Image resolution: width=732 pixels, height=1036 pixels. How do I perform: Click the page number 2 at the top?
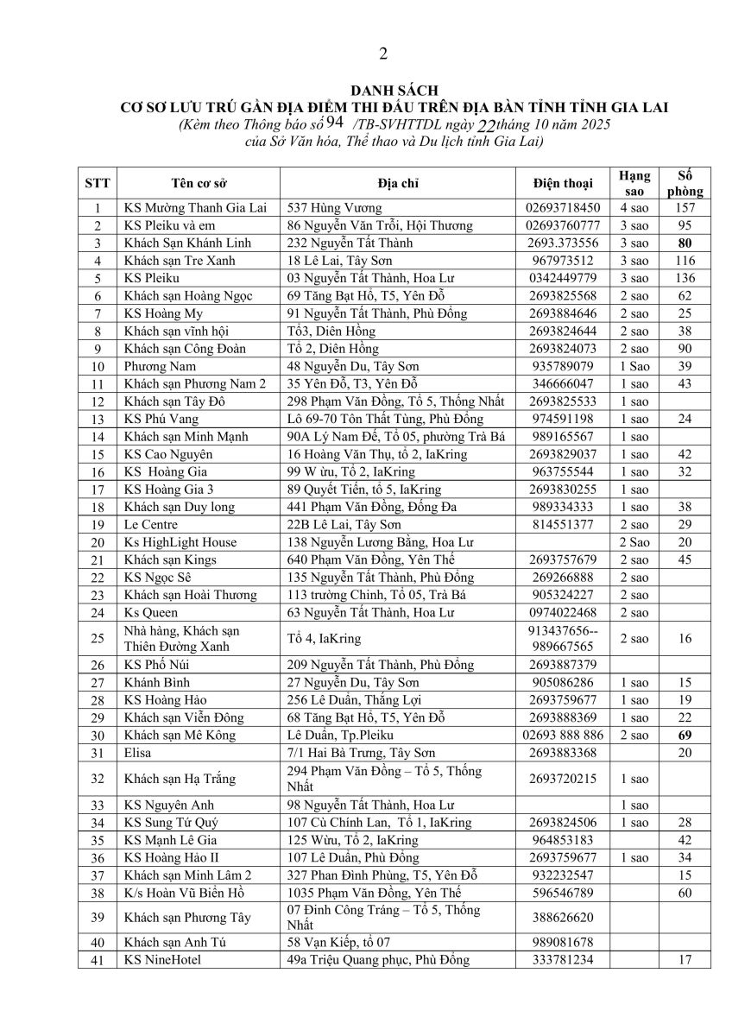pyautogui.click(x=383, y=54)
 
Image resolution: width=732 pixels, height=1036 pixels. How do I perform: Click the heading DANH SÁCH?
pyautogui.click(x=382, y=90)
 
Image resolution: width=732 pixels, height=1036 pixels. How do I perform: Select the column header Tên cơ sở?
pyautogui.click(x=199, y=183)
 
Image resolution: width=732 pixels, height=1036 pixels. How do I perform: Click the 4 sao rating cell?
pyautogui.click(x=634, y=208)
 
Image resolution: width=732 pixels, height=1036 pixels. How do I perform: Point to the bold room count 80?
pyautogui.click(x=686, y=243)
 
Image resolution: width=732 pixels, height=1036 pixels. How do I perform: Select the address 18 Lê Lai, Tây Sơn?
pyautogui.click(x=340, y=260)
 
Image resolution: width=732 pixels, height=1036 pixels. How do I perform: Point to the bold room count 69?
pyautogui.click(x=686, y=735)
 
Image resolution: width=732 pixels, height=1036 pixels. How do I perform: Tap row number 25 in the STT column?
pyautogui.click(x=98, y=639)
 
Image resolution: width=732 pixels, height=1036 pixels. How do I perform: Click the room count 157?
pyautogui.click(x=686, y=208)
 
